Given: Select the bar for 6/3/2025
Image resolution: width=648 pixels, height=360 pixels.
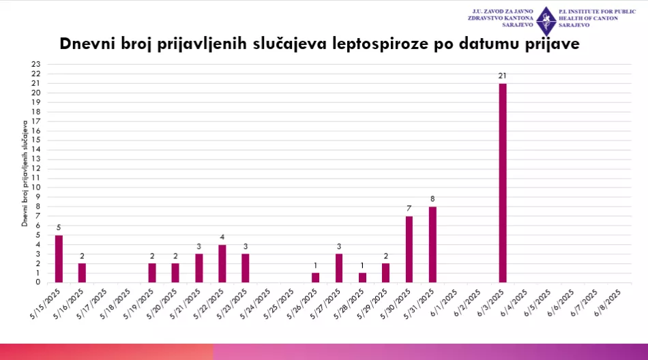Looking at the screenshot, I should point(503,183).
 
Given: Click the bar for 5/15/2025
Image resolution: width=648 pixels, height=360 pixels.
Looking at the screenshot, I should point(59,258).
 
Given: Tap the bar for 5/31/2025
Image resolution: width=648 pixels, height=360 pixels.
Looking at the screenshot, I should point(432,244).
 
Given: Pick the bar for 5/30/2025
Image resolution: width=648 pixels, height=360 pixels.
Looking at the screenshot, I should point(409,249).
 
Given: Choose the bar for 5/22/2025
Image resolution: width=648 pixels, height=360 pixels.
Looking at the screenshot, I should point(222,263).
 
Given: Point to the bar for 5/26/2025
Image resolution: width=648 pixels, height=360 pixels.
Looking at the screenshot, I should point(315,277).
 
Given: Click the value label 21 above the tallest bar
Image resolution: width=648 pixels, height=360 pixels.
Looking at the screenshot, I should point(503,76).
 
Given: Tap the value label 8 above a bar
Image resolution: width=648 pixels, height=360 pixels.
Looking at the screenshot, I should point(432,199).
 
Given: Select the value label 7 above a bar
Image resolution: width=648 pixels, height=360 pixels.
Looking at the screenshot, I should point(409,209).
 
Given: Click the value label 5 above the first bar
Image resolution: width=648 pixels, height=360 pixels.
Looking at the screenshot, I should point(59,228).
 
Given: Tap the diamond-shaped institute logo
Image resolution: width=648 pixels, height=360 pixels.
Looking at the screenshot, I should point(545,21).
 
